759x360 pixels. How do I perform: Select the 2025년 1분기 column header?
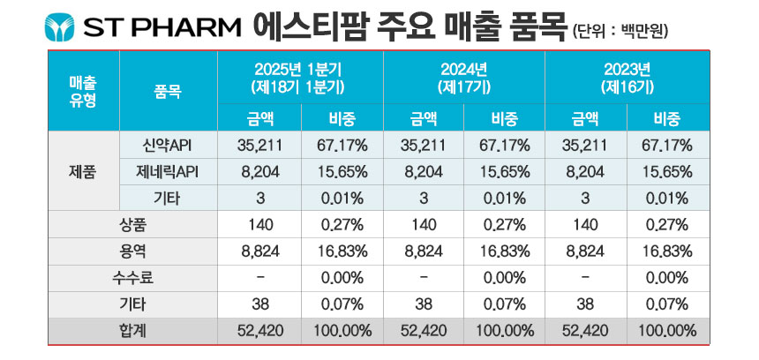coord(301,79)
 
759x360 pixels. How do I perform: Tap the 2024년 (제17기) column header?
coord(464,79)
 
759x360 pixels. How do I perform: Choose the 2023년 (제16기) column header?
coord(627,79)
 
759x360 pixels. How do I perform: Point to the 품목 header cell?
coord(168,92)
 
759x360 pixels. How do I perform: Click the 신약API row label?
coord(168,146)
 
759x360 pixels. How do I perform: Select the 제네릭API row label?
coord(168,172)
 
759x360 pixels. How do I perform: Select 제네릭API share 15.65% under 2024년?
coord(505,172)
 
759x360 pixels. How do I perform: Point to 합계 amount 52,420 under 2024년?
coord(424,331)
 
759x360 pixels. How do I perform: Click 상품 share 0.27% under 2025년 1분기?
coord(342,225)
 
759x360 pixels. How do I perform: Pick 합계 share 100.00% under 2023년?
coord(667,331)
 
